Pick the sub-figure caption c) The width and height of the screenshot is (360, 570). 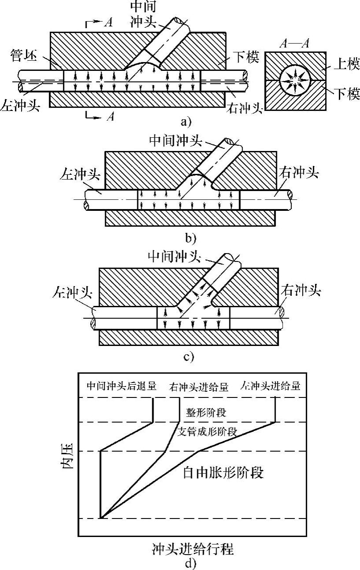point(189,356)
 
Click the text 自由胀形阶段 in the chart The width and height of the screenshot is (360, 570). point(223,473)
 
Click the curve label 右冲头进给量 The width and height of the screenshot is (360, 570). point(198,387)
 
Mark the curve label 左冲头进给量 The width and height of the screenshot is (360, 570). point(271,386)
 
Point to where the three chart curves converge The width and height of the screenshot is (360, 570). point(101,519)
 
